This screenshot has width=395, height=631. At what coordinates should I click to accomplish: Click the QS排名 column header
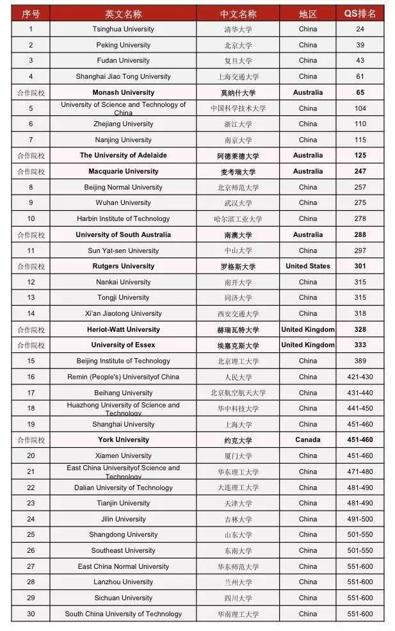pos(360,13)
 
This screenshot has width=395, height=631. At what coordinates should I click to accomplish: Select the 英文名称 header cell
pos(123,13)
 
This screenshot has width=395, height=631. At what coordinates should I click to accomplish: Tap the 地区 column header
pos(307,13)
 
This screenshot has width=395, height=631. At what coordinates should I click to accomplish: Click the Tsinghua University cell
pos(123,29)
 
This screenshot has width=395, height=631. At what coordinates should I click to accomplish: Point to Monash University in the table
pos(123,92)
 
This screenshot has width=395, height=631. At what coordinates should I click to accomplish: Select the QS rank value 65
pos(360,92)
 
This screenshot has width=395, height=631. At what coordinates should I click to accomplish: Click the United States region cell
pos(307,266)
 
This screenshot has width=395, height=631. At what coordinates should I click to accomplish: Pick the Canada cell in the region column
pos(307,440)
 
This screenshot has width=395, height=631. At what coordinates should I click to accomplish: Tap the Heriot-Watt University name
pos(123,329)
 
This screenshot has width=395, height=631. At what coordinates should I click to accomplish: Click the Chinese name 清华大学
pos(238,29)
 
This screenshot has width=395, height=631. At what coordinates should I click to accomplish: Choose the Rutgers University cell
pos(123,266)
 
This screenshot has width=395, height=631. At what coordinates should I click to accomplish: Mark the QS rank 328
pos(360,329)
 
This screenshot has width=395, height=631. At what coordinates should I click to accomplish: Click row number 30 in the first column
pos(31,614)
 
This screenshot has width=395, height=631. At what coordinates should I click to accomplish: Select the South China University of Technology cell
pos(123,614)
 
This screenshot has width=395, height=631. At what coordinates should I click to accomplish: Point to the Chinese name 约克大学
pos(238,440)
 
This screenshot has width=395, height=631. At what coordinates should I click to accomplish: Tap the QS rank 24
pos(360,29)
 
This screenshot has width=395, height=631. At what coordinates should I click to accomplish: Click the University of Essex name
pos(123,345)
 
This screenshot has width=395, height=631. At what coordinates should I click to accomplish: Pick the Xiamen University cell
pos(123,455)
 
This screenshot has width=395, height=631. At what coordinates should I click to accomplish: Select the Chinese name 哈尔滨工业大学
pos(238,218)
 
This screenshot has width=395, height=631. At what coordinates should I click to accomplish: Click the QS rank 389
pos(360,361)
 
